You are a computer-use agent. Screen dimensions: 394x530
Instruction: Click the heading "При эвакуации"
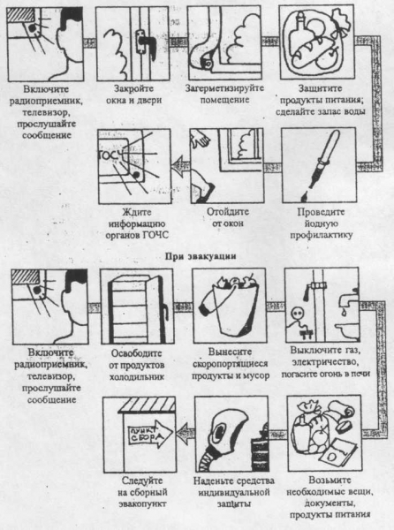[x=201, y=256]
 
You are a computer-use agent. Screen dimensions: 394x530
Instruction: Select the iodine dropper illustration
[x=320, y=164]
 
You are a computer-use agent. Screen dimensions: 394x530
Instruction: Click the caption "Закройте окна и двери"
[x=133, y=95]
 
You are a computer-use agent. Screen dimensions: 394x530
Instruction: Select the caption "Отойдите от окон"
[x=227, y=217]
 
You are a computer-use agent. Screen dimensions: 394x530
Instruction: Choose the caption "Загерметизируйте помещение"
[x=224, y=94]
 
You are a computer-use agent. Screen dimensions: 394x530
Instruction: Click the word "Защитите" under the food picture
[x=320, y=88]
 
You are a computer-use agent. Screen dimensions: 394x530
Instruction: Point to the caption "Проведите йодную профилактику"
[x=321, y=223]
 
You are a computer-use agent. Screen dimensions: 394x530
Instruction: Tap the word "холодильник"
[x=137, y=376]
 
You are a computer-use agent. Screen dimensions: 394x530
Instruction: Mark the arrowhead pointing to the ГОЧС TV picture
[x=178, y=165]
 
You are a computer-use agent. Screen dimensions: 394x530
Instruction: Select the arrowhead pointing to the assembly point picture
[x=183, y=434]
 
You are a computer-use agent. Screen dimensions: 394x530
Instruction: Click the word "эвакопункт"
[x=142, y=503]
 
